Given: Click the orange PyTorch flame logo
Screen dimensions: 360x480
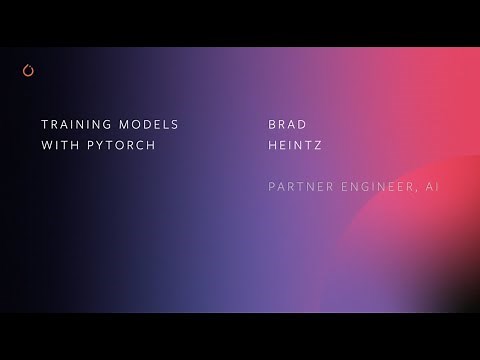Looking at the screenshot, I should pyautogui.click(x=27, y=70).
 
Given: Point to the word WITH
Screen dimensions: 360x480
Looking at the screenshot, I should pyautogui.click(x=58, y=145).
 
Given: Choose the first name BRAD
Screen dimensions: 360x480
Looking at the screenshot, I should pyautogui.click(x=288, y=125).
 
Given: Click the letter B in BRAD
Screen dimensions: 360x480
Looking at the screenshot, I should pyautogui.click(x=272, y=125).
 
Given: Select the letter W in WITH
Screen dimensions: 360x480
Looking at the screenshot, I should pyautogui.click(x=44, y=145).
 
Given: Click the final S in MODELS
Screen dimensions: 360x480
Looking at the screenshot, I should pyautogui.click(x=175, y=125).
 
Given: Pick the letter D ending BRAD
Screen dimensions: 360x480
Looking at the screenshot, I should pyautogui.click(x=304, y=125).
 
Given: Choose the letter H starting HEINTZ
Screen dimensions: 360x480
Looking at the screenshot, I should pyautogui.click(x=272, y=145).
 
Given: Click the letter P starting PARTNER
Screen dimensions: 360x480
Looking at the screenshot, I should pyautogui.click(x=272, y=187).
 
